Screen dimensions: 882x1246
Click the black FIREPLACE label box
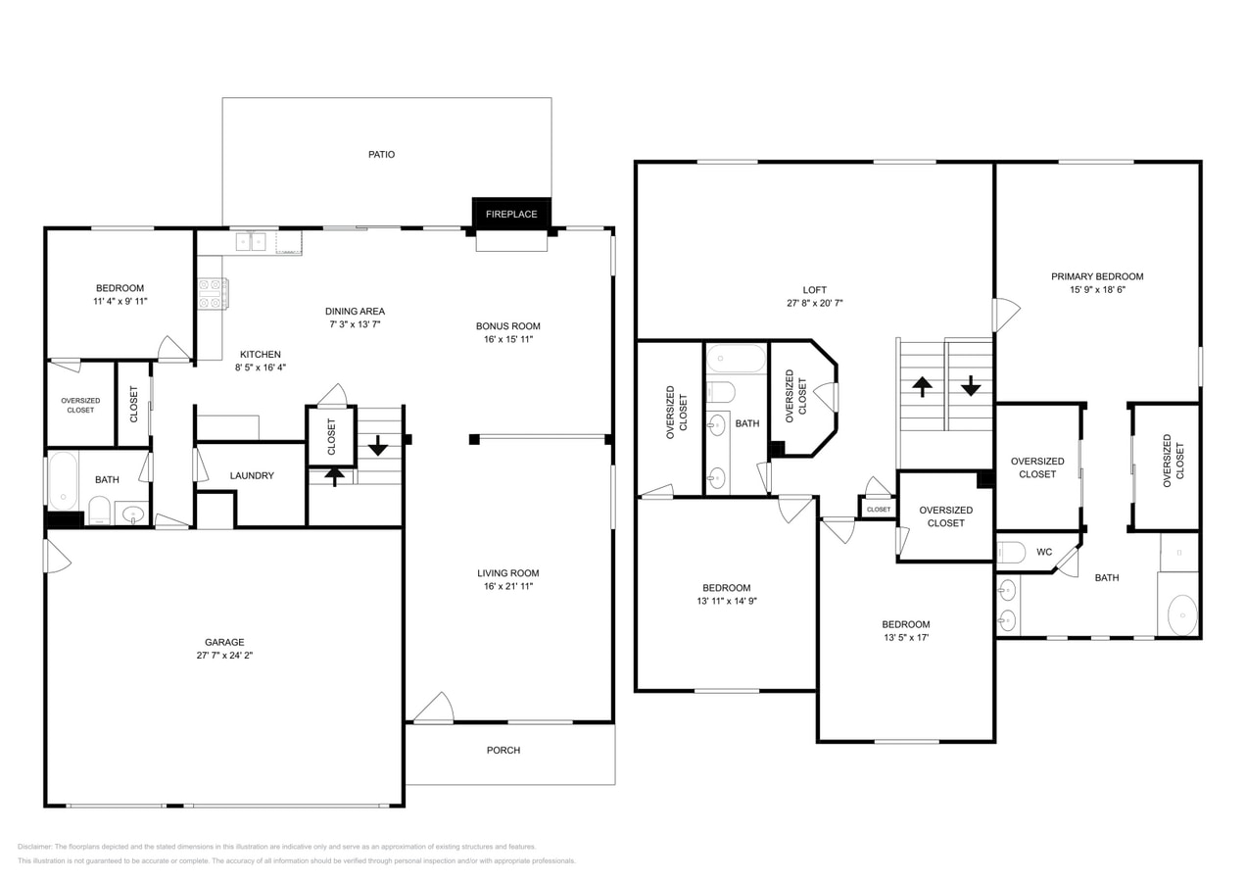point(511,214)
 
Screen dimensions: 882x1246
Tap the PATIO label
point(381,155)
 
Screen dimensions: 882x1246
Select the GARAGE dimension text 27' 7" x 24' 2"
point(224,656)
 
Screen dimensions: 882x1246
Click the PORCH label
point(503,751)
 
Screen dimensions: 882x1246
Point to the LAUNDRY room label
point(252,476)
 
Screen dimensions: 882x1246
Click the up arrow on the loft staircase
point(922,386)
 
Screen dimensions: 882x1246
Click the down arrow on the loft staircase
point(970,385)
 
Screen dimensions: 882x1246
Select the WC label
point(1044,553)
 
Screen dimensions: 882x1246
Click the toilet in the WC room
point(1011,553)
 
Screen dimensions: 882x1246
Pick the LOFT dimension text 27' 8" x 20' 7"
point(815,304)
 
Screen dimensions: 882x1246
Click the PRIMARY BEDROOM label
point(1097,276)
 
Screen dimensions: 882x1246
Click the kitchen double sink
point(251,242)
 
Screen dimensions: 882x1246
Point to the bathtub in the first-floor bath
point(63,480)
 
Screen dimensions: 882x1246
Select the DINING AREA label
point(355,312)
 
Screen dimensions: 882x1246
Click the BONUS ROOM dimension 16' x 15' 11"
point(508,339)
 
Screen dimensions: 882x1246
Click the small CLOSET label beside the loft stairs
point(879,510)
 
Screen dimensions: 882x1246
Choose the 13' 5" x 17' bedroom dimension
point(905,638)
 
